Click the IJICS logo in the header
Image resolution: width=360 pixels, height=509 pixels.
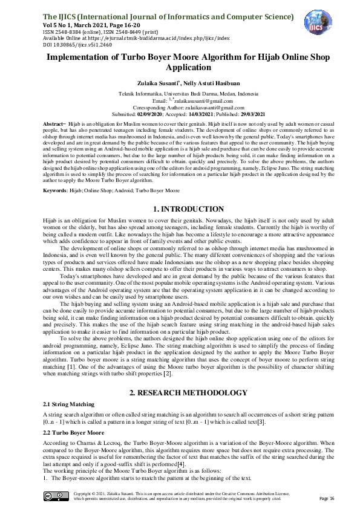coord(318,23)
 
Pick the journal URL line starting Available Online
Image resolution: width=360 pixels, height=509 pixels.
coord(136,38)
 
